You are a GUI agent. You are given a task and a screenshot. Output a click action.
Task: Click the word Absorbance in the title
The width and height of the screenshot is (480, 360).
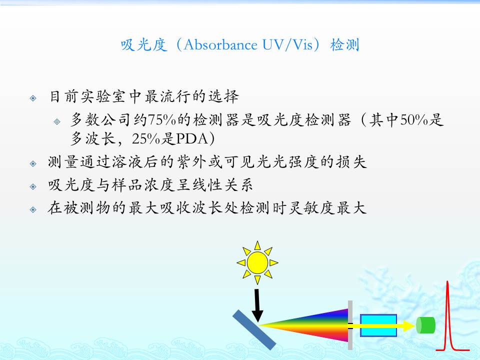pyautogui.click(x=220, y=44)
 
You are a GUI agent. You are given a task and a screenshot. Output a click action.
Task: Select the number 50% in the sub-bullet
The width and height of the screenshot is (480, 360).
pyautogui.click(x=413, y=119)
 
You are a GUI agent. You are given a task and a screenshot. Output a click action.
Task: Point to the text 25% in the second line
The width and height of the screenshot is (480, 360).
pyautogui.click(x=145, y=139)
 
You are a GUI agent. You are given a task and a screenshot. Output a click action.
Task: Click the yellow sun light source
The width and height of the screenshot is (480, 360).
pyautogui.click(x=257, y=262)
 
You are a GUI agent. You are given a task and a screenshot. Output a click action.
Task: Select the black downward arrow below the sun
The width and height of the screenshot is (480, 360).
pyautogui.click(x=257, y=305)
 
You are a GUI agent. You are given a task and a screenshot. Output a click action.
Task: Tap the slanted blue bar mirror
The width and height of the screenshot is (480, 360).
pyautogui.click(x=254, y=329)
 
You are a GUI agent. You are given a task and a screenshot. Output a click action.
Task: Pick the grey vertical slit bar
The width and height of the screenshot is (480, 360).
pyautogui.click(x=350, y=325)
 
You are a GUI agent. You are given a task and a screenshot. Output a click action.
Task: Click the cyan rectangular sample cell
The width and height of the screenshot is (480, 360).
pyautogui.click(x=378, y=325)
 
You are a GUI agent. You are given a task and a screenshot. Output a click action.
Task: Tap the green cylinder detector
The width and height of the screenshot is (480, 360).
pyautogui.click(x=425, y=325)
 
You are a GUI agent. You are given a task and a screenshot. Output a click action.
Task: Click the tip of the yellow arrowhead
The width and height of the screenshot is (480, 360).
pyautogui.click(x=415, y=325)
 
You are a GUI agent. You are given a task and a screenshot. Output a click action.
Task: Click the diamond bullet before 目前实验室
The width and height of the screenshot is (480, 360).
pyautogui.click(x=33, y=98)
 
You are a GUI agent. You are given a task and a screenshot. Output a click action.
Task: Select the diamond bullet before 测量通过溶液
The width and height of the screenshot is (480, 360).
pyautogui.click(x=33, y=164)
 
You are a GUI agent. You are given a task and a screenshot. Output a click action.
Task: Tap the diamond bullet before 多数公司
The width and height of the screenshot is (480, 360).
pyautogui.click(x=57, y=122)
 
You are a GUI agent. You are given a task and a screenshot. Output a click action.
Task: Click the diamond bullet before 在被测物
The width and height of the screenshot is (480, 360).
pyautogui.click(x=33, y=209)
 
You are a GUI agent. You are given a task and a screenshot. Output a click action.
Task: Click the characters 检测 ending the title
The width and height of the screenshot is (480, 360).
pyautogui.click(x=344, y=45)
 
